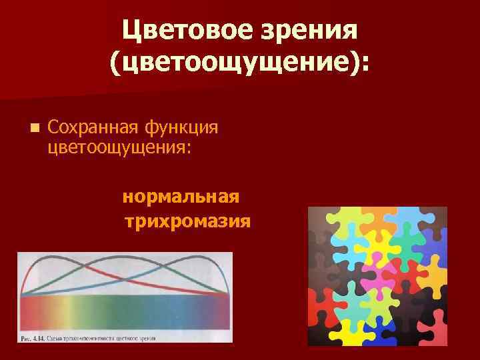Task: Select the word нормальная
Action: pos(181,197)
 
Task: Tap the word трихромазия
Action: pos(187,221)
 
